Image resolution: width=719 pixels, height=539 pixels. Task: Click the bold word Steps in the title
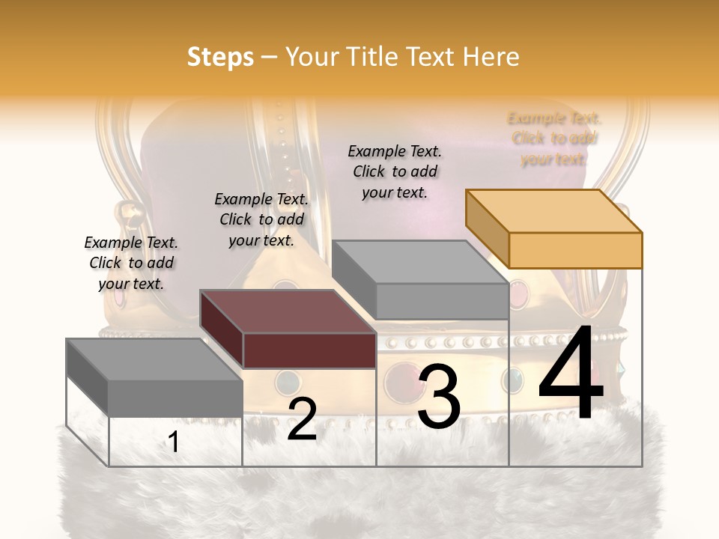point(220,57)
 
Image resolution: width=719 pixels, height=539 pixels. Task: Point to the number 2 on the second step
point(302,419)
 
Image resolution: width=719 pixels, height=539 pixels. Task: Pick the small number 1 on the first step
point(173,442)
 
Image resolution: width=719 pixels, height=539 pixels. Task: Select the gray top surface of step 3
point(419,262)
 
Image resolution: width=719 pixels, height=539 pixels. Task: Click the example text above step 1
point(131,263)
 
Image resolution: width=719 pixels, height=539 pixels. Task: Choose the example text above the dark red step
point(261,219)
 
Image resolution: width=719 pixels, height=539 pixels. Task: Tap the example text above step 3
point(395,171)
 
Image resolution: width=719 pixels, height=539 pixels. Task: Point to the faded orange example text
point(554,138)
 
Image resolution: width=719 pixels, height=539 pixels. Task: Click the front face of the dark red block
point(309,350)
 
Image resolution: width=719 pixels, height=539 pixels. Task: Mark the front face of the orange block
point(575,250)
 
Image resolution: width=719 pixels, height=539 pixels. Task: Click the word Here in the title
point(491,57)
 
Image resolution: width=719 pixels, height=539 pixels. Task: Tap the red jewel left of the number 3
point(399,382)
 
